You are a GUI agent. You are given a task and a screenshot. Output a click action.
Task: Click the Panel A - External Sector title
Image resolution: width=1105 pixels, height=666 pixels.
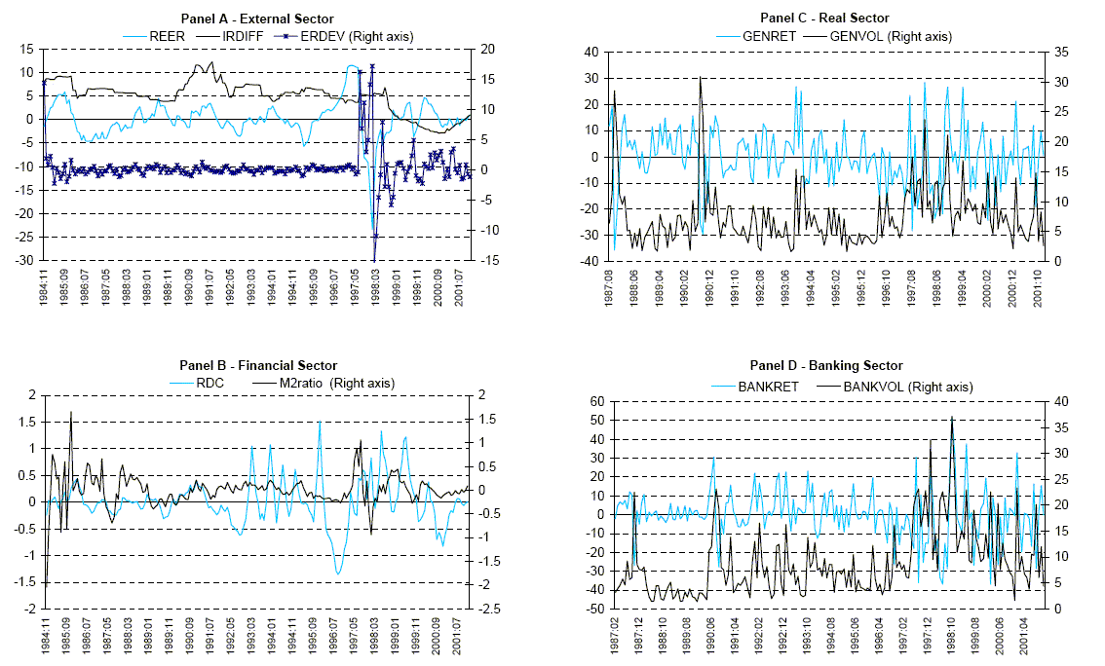coord(257,18)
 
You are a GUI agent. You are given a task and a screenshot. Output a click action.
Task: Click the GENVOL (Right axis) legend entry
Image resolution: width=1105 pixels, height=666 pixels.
coord(888,36)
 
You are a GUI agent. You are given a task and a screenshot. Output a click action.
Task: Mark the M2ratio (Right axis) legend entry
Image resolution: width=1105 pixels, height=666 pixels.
coord(323,383)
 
